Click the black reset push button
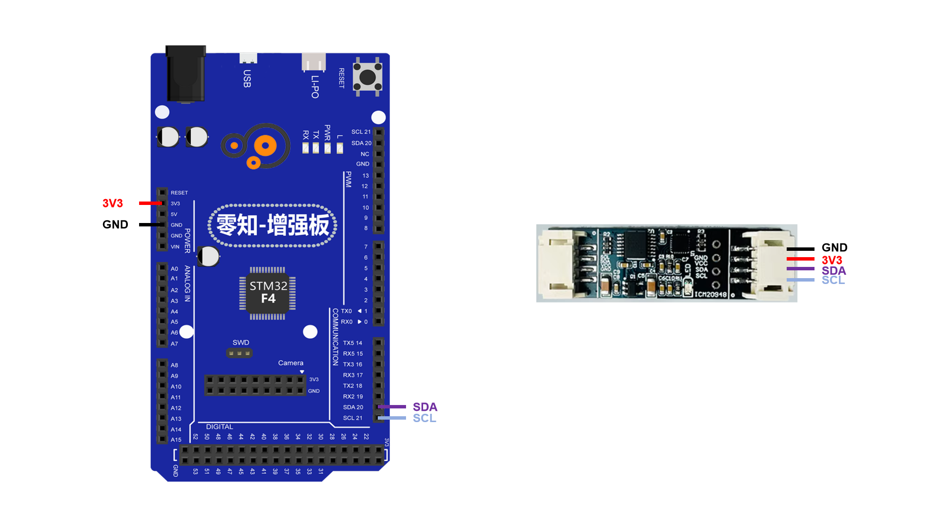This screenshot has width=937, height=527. (367, 77)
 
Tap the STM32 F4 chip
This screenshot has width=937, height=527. (268, 292)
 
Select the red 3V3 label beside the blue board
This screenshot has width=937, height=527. (112, 203)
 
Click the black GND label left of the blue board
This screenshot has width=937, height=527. (115, 224)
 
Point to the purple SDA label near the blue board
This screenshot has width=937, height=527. (425, 407)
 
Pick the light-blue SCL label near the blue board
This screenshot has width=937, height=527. (424, 418)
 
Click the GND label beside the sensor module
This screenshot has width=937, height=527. (834, 247)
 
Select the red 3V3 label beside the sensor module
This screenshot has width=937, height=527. (832, 260)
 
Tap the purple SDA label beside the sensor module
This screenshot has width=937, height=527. (834, 271)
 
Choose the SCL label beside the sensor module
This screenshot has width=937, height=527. (833, 280)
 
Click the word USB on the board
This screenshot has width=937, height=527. (247, 79)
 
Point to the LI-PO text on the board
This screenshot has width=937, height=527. (315, 86)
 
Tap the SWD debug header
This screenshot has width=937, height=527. (239, 353)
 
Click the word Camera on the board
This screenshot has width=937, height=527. (290, 363)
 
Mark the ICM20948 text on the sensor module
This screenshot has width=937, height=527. (711, 294)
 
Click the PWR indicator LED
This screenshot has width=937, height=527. (327, 148)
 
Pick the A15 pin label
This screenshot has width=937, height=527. (176, 440)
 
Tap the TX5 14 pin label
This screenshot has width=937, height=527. (352, 343)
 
